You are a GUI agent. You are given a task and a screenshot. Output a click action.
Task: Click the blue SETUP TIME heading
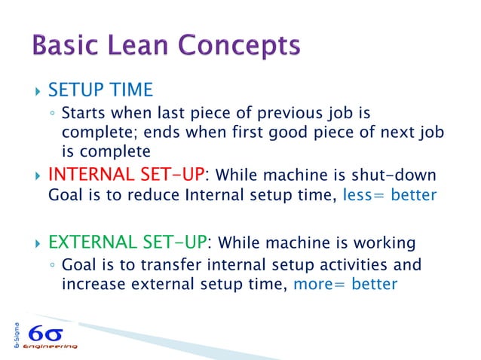(100, 91)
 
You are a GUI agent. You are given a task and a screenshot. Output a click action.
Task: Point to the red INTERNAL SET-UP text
(127, 175)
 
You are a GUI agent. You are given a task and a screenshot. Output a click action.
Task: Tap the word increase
(90, 285)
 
